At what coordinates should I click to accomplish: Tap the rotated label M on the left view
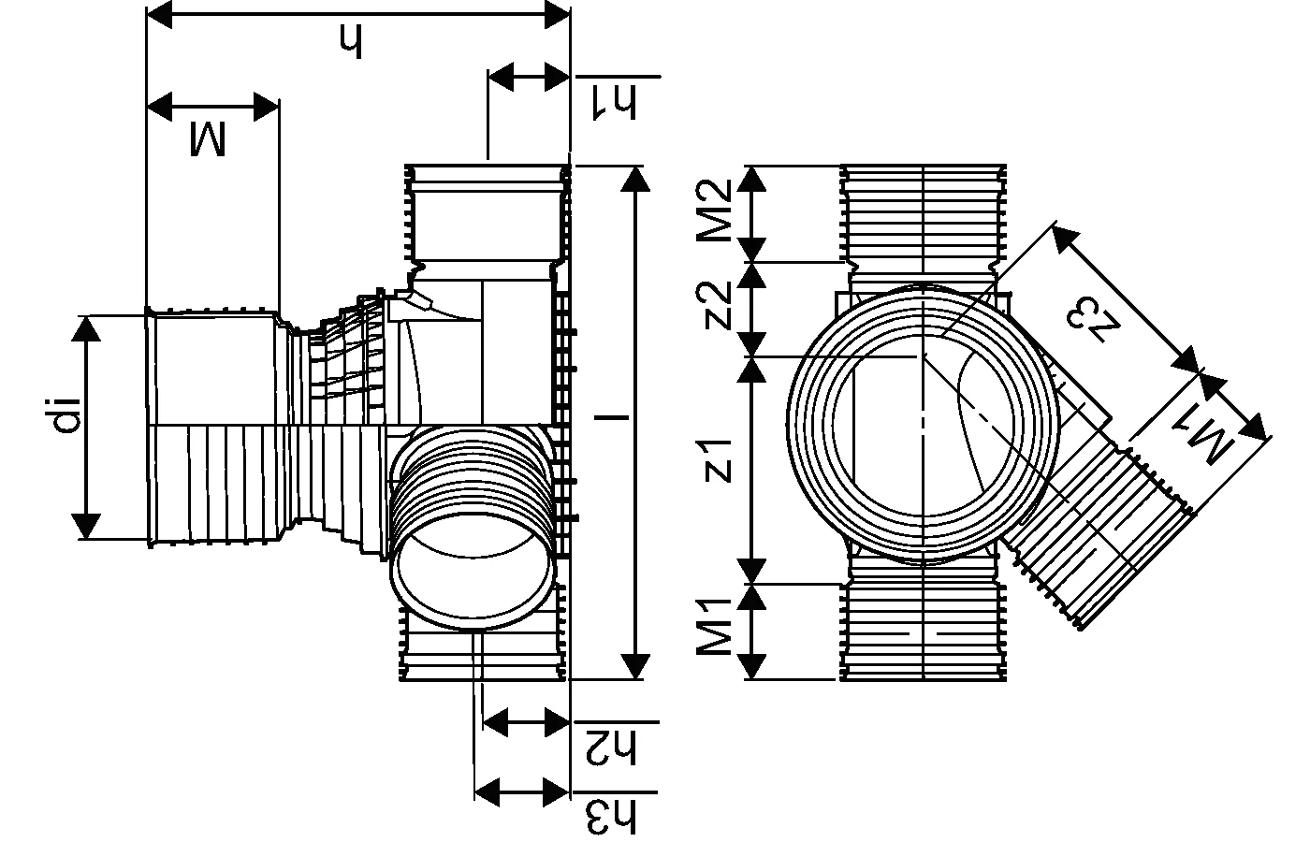pos(208,138)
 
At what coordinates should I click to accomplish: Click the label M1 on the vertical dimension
pos(720,631)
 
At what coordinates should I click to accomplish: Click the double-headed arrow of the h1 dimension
pos(530,77)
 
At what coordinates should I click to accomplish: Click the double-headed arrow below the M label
pos(213,106)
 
